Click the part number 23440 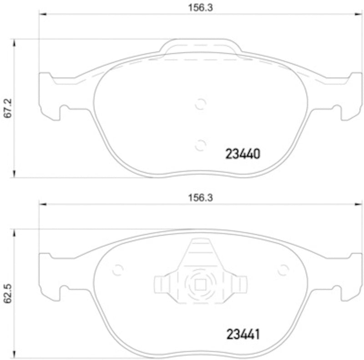tap(243, 154)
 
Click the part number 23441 tap(243, 335)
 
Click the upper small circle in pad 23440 tap(200, 105)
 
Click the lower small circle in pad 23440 tap(200, 145)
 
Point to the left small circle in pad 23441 tap(117, 270)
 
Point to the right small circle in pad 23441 tap(283, 270)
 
